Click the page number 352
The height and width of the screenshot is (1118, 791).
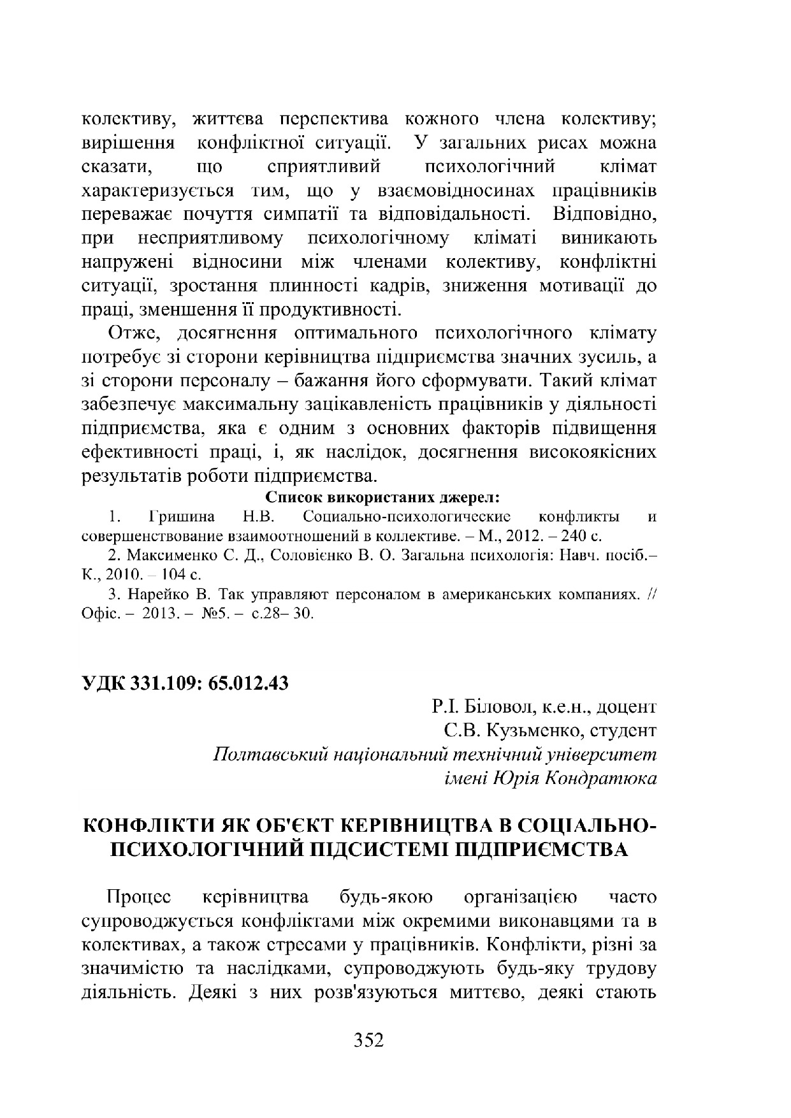[x=369, y=1042]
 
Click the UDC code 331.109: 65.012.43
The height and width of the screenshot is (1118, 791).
[x=185, y=683]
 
